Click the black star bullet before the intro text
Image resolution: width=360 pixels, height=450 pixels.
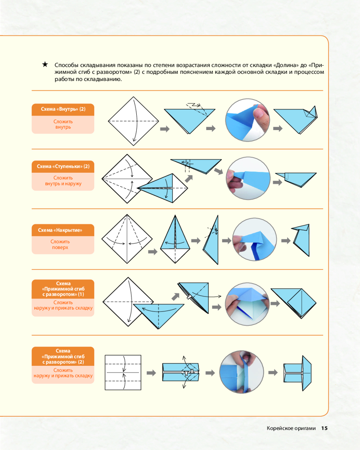45,64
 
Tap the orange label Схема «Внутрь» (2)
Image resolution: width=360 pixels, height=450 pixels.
63,109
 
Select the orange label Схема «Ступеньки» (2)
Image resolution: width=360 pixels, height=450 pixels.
63,166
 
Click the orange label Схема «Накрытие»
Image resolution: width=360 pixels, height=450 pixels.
63,230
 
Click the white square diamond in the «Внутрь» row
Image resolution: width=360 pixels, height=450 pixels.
134,121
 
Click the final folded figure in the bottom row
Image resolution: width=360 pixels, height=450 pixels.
298,373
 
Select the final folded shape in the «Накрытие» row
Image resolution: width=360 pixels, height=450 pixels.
301,238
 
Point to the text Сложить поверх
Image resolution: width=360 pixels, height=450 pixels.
63,244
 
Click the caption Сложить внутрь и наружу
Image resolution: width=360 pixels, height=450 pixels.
63,181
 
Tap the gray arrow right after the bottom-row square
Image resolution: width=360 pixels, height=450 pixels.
152,373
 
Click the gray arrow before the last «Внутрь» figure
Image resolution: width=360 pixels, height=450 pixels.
277,129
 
